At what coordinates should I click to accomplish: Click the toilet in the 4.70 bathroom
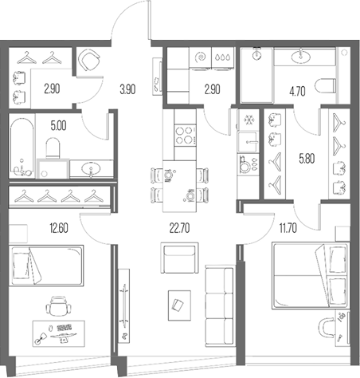[323, 85]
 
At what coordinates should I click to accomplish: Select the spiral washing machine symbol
[202, 57]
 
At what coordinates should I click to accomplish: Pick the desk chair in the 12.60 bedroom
[56, 306]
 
